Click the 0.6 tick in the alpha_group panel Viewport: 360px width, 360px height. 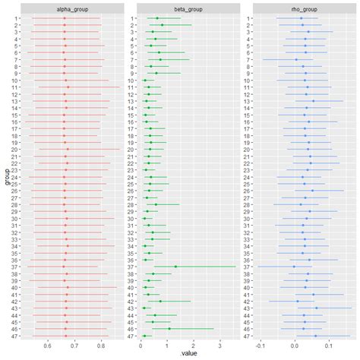tap(48, 346)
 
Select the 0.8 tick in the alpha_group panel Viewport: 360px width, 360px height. tap(101, 346)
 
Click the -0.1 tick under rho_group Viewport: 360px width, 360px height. tap(260, 346)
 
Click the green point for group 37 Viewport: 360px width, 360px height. tap(175, 267)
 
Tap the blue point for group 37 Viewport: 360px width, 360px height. tap(294, 267)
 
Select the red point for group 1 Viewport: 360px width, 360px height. tap(65, 18)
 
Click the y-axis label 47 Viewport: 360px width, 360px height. tap(15, 336)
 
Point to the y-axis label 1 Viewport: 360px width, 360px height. tap(17, 18)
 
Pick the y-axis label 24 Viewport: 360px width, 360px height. tap(15, 177)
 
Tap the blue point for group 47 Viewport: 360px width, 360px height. tap(315, 336)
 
